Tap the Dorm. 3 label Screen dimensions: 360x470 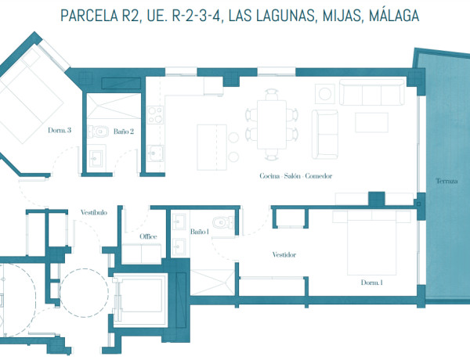point(60,131)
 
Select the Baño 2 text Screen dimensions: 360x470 point(124,132)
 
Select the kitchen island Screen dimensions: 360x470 point(209,145)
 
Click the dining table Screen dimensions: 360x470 point(271,124)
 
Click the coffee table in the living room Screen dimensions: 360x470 point(371,123)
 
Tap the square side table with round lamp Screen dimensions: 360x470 point(325,93)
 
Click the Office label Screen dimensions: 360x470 point(148,236)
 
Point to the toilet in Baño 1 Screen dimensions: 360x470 point(224,223)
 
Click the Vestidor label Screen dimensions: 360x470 point(284,255)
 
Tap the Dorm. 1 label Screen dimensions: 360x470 point(371,283)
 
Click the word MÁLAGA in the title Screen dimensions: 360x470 point(388,16)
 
